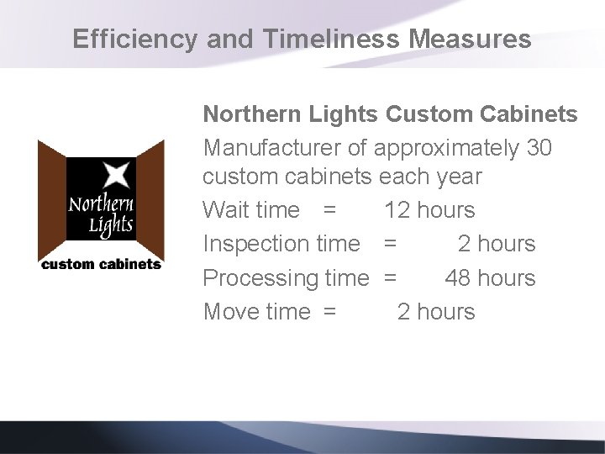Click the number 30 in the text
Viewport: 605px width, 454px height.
pyautogui.click(x=539, y=148)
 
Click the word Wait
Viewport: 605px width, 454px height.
pyautogui.click(x=226, y=210)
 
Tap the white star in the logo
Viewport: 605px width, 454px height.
pyautogui.click(x=115, y=175)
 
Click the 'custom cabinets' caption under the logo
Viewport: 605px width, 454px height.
pyautogui.click(x=101, y=264)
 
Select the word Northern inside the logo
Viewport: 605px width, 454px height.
pyautogui.click(x=100, y=204)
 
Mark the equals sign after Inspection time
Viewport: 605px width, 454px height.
pyautogui.click(x=390, y=244)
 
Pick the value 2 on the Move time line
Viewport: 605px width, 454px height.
pyautogui.click(x=403, y=311)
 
